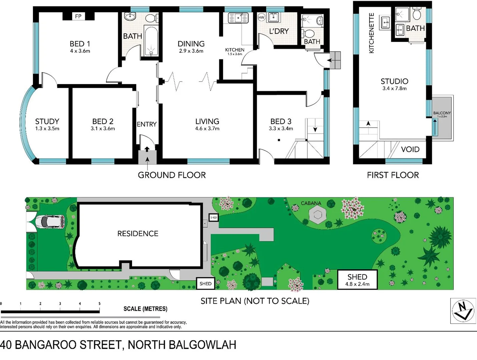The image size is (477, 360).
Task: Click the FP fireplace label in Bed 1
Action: coord(78,16)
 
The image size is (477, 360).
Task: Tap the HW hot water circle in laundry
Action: coord(261,17)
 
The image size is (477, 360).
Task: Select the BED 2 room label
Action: coord(103,121)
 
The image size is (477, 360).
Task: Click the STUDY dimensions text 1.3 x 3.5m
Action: coord(47,129)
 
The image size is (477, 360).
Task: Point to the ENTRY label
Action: coord(146,124)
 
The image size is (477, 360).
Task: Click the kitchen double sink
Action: coord(238,18)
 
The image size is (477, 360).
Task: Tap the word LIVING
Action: coord(207,121)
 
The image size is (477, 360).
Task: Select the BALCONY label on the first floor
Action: coord(442,113)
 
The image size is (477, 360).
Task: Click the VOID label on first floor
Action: coord(410,149)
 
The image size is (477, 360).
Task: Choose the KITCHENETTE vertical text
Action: coord(372,33)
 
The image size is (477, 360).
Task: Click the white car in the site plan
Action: coord(50,222)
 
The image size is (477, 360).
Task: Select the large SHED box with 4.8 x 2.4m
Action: coord(357,280)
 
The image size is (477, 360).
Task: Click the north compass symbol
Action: coord(463,311)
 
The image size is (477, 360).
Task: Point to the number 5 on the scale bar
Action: coord(99,304)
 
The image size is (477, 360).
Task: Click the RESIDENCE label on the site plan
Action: coord(138,234)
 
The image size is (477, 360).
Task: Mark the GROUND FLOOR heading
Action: coord(172,175)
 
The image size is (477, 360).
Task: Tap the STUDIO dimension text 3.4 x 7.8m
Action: coord(394,89)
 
